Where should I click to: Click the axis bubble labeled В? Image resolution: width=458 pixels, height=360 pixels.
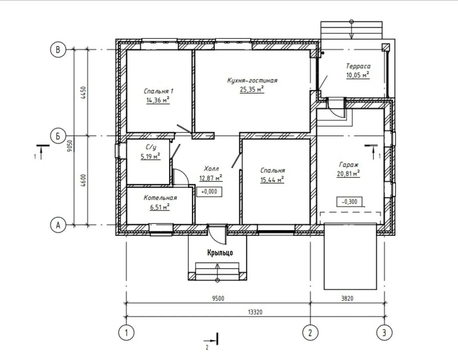click(58, 50)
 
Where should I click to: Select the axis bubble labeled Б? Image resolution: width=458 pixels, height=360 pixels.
click(58, 136)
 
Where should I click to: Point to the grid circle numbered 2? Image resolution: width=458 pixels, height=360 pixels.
click(310, 333)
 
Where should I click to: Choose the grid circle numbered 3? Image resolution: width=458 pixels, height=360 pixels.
click(384, 333)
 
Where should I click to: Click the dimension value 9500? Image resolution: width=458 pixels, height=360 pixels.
click(218, 298)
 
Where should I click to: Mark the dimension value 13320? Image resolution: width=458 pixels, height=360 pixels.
click(255, 312)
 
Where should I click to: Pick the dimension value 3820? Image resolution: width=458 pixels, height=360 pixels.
click(347, 298)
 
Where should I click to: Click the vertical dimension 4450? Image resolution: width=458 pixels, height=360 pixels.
click(84, 93)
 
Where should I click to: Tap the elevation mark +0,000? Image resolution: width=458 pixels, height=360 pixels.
click(209, 192)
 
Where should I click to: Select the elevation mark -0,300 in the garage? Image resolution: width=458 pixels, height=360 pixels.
click(349, 202)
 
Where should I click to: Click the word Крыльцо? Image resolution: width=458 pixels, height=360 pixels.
click(220, 253)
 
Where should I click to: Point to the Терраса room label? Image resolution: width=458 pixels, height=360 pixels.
click(358, 66)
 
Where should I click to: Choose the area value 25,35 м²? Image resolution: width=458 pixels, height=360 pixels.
click(252, 89)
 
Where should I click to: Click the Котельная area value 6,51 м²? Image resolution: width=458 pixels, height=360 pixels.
click(160, 207)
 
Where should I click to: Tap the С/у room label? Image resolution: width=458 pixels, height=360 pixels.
click(151, 147)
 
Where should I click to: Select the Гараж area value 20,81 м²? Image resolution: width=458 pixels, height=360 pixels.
click(348, 173)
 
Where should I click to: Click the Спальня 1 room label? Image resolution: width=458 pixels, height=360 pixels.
click(158, 91)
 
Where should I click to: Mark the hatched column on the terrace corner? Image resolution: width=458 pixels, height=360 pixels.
click(386, 47)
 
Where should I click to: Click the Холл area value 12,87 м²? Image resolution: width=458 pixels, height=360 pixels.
click(211, 178)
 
